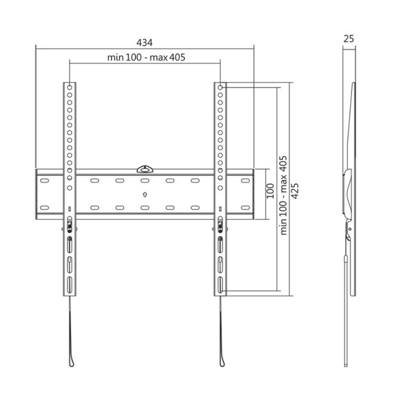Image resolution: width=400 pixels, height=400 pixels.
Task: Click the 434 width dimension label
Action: tap(144, 42)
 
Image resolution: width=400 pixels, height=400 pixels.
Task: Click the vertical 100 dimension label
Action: tap(270, 189)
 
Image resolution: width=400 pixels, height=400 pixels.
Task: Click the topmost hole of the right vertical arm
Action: tap(220, 86)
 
